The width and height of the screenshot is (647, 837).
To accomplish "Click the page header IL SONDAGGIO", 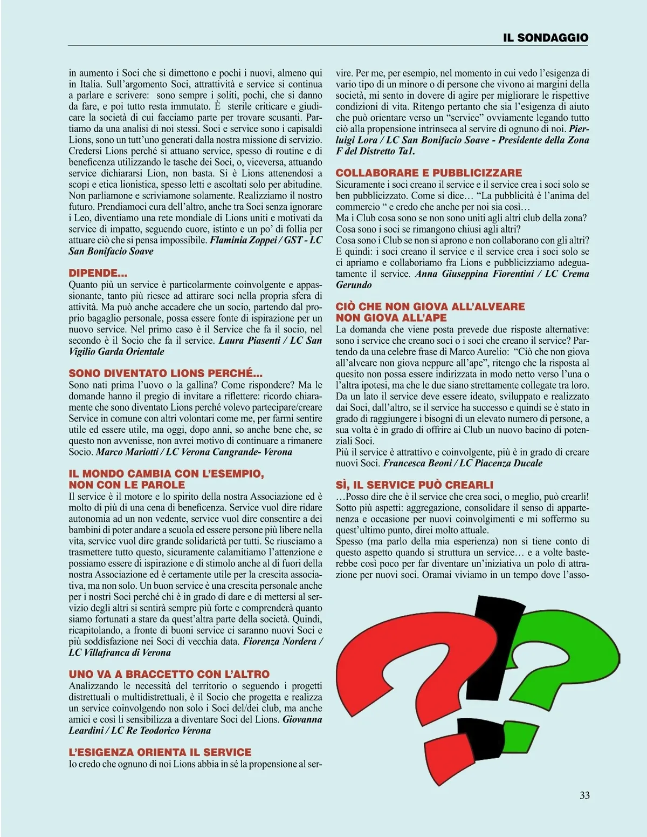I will [545, 38].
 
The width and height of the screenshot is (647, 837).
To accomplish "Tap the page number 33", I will [584, 795].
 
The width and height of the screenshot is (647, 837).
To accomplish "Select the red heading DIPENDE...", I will [98, 273].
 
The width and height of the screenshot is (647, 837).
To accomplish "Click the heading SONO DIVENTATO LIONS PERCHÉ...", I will [166, 373].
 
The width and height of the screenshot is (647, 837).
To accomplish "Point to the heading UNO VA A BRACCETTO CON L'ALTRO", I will [169, 674].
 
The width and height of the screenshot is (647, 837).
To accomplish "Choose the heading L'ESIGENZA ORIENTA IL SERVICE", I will [160, 752].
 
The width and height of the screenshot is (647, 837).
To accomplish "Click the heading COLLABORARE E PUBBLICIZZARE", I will [429, 173].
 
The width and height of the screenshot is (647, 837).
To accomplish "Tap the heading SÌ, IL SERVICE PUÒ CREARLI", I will [414, 485].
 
